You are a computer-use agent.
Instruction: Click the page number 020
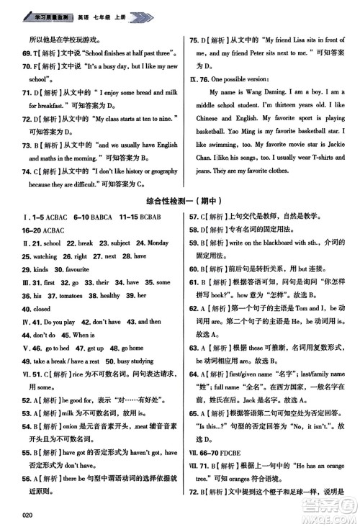(x=30, y=514)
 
